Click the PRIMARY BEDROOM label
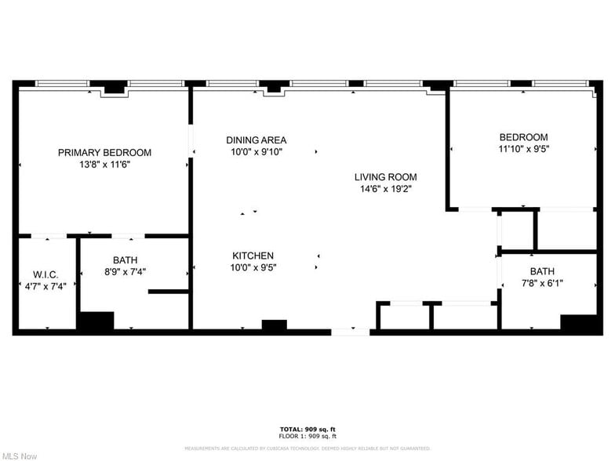click(104, 152)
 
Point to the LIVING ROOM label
click(385, 177)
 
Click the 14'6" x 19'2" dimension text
click(385, 189)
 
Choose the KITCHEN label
click(253, 256)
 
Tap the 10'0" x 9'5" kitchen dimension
click(253, 267)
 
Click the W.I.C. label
click(45, 274)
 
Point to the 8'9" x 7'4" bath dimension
click(125, 272)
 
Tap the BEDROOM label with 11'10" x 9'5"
click(523, 137)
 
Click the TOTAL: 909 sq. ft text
click(307, 429)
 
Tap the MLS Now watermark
click(20, 455)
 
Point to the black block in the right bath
click(579, 323)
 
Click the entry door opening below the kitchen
click(350, 332)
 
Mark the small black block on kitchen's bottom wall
click(274, 325)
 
